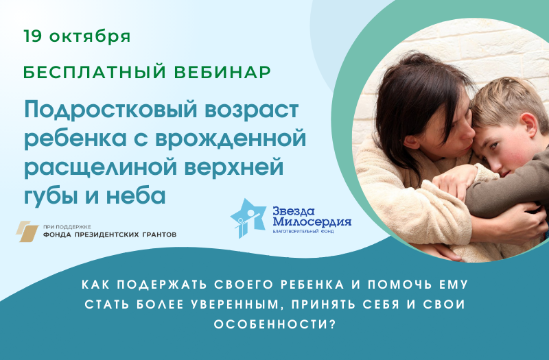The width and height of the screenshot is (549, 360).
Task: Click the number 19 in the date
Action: click(x=32, y=36)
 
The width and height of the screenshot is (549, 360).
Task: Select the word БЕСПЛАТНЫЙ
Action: click(x=95, y=72)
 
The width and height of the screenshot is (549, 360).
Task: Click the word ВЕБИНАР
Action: click(x=222, y=72)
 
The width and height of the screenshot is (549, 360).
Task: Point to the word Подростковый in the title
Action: click(x=111, y=110)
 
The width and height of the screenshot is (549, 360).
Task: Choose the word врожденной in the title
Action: click(x=231, y=138)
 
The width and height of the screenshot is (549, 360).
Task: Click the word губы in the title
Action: click(x=51, y=196)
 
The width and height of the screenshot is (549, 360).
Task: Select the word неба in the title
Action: click(x=136, y=195)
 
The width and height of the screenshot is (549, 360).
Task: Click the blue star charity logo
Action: click(x=247, y=217)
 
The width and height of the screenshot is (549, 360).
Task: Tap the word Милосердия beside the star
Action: click(x=312, y=221)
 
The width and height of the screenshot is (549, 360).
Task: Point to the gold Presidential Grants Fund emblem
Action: click(x=27, y=231)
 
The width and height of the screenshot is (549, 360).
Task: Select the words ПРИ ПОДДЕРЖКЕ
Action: click(x=67, y=227)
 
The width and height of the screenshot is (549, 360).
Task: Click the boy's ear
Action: click(x=529, y=125)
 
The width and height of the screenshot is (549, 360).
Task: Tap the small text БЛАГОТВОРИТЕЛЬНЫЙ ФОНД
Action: click(x=303, y=231)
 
